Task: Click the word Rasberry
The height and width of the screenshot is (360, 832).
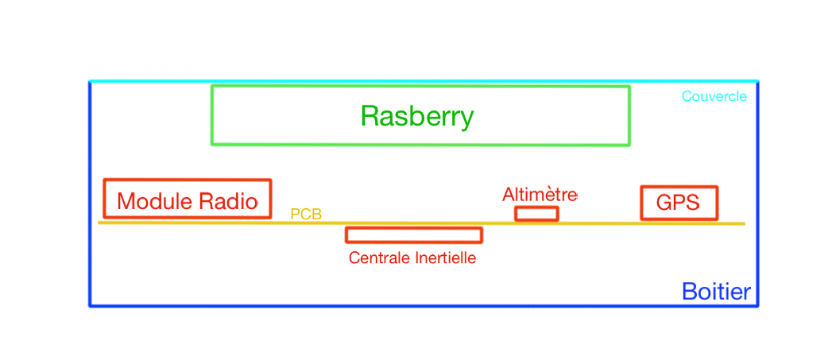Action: [417, 117]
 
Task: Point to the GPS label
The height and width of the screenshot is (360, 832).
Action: [678, 203]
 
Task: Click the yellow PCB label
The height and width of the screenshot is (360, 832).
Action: [306, 214]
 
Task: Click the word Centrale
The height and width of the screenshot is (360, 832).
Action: [377, 258]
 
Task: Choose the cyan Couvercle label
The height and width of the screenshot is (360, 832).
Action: [714, 96]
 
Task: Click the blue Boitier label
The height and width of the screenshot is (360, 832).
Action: [716, 292]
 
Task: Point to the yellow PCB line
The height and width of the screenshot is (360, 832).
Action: [604, 223]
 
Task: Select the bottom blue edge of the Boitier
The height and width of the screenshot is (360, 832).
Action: [397, 306]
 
